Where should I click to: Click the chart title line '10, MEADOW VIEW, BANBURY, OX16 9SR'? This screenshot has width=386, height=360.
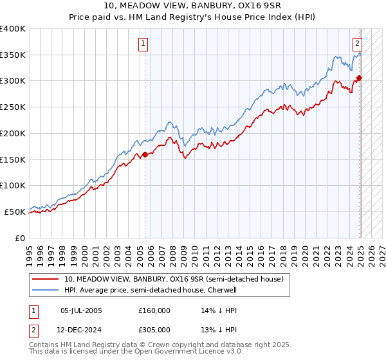192,7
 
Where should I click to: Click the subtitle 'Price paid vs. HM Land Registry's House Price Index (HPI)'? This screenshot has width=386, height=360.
192,18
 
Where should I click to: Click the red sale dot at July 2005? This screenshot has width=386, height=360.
145,154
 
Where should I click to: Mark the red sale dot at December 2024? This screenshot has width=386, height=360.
359,78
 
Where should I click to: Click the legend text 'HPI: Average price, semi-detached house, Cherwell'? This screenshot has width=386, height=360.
151,290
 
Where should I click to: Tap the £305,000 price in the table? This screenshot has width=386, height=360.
154,330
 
